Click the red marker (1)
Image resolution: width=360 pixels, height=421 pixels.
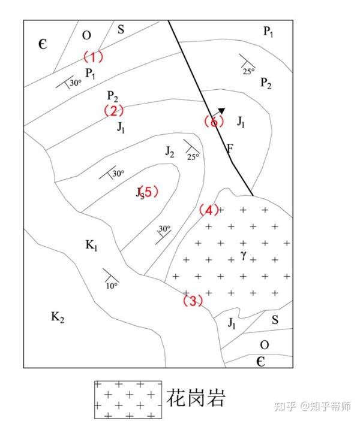(x=93, y=57)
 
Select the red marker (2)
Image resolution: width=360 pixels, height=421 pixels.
(x=113, y=111)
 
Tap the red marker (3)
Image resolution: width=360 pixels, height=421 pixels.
(x=193, y=301)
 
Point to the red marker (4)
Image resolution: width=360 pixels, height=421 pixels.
(x=209, y=210)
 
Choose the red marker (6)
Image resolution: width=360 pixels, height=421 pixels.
(x=214, y=122)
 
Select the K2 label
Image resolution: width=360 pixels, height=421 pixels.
(x=58, y=318)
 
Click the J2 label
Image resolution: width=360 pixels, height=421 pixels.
(x=170, y=152)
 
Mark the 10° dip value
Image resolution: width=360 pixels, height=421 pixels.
(x=111, y=286)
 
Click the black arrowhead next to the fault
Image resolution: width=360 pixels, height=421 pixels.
(x=221, y=111)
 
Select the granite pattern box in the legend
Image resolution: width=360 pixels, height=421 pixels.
(x=128, y=398)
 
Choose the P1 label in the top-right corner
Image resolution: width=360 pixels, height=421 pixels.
(x=268, y=32)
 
